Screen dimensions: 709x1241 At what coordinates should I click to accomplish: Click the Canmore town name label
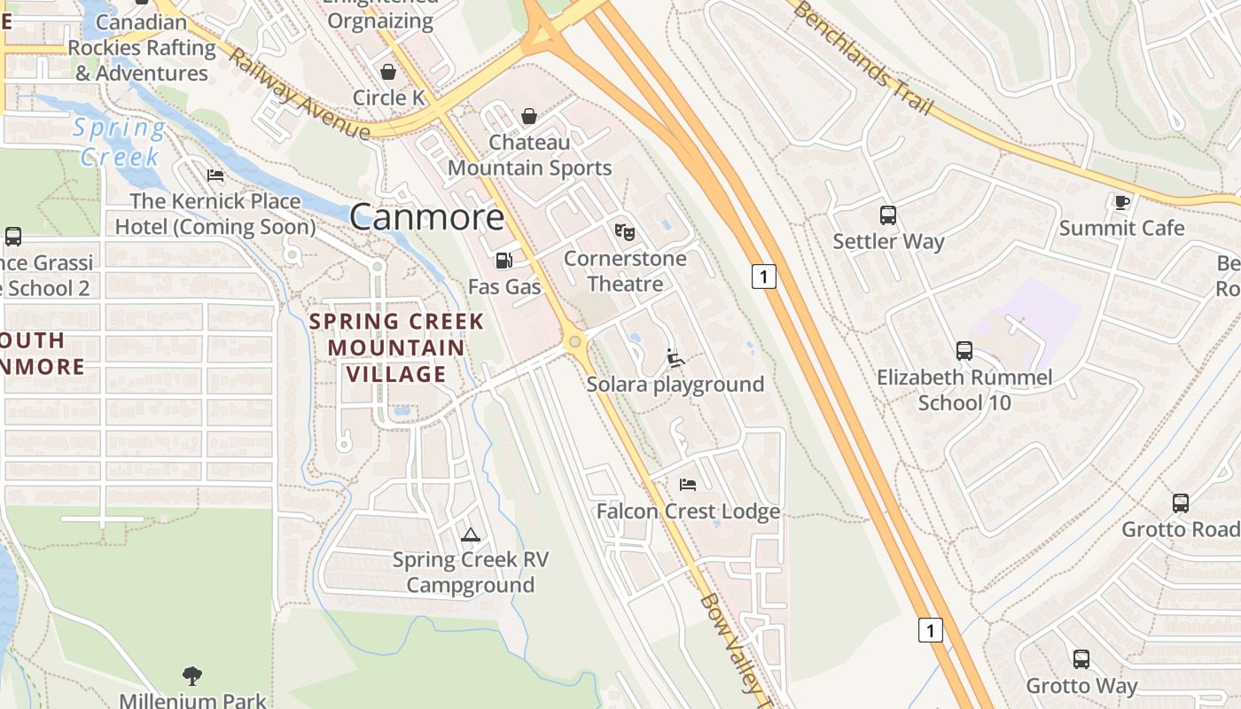coord(427,216)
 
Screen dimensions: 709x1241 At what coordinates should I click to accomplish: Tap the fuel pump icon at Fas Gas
coord(503,260)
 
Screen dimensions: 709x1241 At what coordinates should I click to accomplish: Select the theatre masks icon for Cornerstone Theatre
coord(625,232)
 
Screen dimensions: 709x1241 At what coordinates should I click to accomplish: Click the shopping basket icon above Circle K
coord(388,72)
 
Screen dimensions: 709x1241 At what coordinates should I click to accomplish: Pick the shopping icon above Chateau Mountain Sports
coord(529,116)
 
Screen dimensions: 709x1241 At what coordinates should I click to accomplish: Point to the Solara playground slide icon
coord(675,358)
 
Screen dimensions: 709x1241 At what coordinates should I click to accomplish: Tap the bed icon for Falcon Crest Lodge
coord(687,485)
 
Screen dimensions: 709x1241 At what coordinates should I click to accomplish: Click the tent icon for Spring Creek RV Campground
coord(470,534)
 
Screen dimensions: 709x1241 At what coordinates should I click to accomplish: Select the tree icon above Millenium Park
coord(192,676)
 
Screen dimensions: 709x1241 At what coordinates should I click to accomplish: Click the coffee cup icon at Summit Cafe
coord(1121,202)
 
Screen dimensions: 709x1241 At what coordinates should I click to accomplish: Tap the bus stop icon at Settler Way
coord(888,214)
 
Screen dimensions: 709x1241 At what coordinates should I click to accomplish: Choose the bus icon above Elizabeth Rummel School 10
coord(964,351)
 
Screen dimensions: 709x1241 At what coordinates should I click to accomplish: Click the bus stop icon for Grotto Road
coord(1180,503)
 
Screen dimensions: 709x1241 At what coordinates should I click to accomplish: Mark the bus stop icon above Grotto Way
coord(1081,659)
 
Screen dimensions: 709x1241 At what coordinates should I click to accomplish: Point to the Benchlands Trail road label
coord(862,57)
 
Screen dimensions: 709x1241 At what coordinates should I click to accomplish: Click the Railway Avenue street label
coord(298,94)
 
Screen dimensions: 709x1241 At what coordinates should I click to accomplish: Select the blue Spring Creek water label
coord(120,143)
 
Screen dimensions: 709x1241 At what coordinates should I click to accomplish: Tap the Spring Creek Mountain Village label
coord(396,347)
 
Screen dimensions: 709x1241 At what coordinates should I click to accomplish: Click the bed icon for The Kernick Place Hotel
coord(215,175)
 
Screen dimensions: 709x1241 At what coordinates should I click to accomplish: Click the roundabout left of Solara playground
coord(575,341)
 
